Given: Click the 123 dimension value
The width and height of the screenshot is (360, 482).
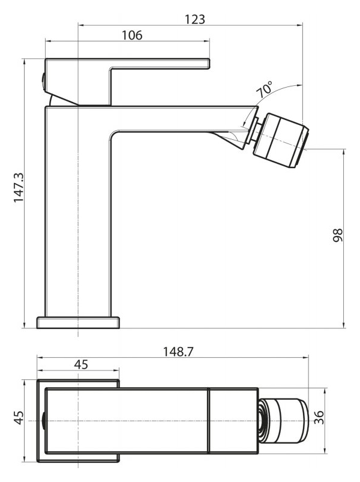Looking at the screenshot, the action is pyautogui.click(x=194, y=19).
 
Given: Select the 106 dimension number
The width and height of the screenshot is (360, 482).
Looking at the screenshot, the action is pyautogui.click(x=132, y=35).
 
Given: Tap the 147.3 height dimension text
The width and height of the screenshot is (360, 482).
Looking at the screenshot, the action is pyautogui.click(x=19, y=187).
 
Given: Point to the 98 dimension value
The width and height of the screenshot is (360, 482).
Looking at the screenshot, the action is pyautogui.click(x=338, y=235).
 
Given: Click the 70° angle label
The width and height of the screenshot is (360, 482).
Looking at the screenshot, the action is pyautogui.click(x=264, y=89).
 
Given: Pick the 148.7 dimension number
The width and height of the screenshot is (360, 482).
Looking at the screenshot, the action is pyautogui.click(x=178, y=352).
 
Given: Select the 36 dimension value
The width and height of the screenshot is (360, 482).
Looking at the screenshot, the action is pyautogui.click(x=319, y=417).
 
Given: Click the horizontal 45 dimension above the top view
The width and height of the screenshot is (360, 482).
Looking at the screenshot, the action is pyautogui.click(x=81, y=364).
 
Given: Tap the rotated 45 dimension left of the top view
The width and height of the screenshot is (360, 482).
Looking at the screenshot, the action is pyautogui.click(x=19, y=418).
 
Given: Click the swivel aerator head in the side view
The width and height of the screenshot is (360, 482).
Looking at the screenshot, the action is pyautogui.click(x=280, y=140).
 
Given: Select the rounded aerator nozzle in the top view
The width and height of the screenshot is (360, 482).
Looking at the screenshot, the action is pyautogui.click(x=283, y=421).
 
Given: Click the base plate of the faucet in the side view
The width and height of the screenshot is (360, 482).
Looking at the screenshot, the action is pyautogui.click(x=78, y=322).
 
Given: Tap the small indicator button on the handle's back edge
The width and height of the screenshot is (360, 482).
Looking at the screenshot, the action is pyautogui.click(x=43, y=80).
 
